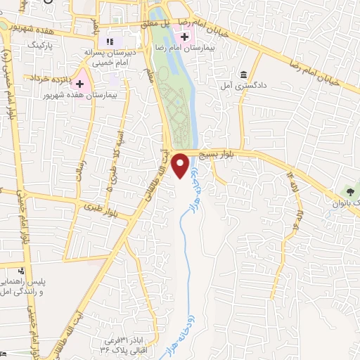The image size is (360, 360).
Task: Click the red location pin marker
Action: coord(181,165)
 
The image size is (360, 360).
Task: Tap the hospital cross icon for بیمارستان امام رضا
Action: coord(185,37)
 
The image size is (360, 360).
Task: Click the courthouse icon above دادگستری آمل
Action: coord(244,75)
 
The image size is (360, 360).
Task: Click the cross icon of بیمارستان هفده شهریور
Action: coord(80,84)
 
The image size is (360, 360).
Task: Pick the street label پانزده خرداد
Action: coord(49,77)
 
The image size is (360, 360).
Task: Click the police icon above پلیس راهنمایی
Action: coord(21,270)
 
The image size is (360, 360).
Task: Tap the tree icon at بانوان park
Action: coord(348,191)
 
